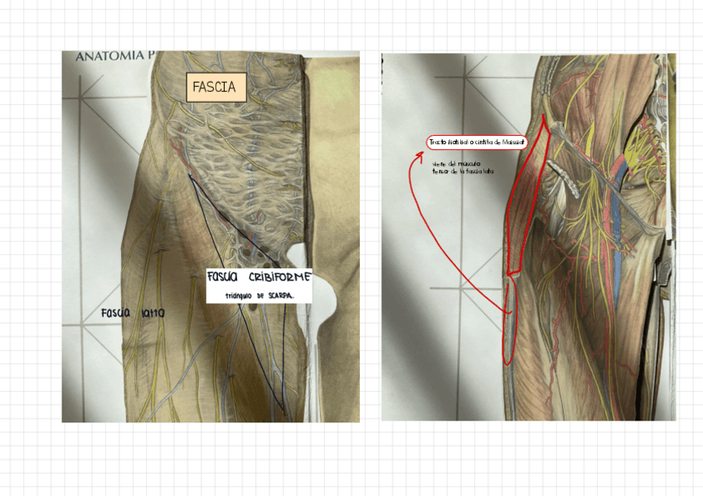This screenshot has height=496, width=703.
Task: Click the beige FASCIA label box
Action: coord(214,86)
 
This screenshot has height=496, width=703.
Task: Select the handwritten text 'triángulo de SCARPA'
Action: coord(259,296)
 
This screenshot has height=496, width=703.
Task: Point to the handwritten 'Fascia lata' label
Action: coord(133,314)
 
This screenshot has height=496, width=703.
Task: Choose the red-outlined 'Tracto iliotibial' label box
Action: coord(478,142)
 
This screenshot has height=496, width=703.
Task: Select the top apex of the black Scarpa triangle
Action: coord(189,174)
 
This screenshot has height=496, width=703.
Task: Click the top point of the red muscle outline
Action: coord(543,115)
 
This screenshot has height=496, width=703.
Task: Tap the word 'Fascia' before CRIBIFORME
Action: coord(222,277)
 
